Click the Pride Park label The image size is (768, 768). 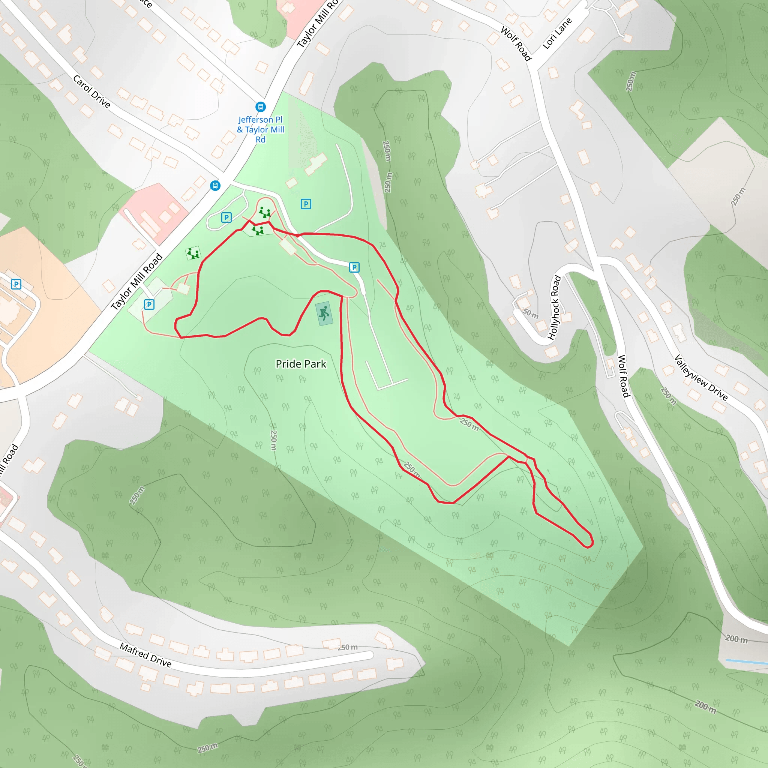[301, 364]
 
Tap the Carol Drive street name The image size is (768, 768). [91, 91]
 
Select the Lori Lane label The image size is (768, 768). [557, 33]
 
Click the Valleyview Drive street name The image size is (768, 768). [701, 378]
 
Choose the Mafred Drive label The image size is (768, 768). [146, 655]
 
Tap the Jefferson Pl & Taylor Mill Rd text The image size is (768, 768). [261, 130]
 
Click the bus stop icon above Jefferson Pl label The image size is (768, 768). [261, 106]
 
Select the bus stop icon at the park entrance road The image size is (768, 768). [215, 185]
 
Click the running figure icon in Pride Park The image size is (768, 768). [324, 313]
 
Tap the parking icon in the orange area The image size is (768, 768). [16, 284]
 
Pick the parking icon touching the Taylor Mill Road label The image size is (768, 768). [149, 304]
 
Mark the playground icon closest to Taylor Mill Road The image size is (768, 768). [193, 253]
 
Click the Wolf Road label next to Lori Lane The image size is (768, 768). [516, 44]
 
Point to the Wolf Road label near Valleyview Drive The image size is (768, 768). [623, 376]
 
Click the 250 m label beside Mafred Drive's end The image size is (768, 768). [348, 647]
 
